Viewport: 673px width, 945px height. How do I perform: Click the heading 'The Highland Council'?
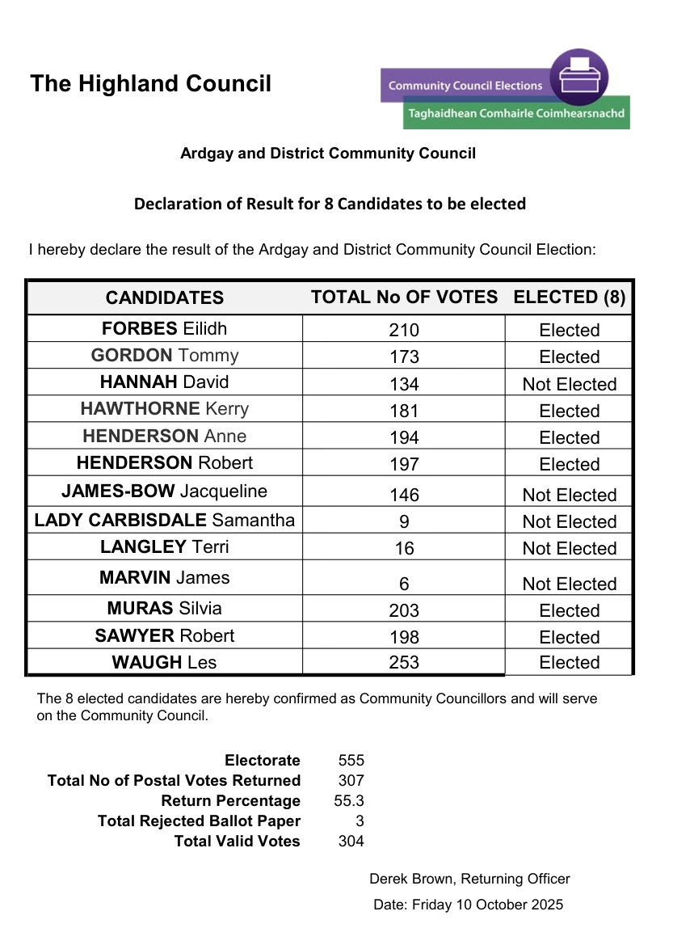click(150, 84)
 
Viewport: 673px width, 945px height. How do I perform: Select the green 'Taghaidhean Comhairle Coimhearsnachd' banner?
click(516, 114)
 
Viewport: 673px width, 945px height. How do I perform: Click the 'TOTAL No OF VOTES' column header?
click(404, 297)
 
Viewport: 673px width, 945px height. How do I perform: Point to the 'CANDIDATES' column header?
click(164, 297)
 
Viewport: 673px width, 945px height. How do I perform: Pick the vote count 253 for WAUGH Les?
click(404, 663)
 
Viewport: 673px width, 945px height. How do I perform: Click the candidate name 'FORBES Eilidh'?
click(164, 328)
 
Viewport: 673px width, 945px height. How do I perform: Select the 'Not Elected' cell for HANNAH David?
click(569, 384)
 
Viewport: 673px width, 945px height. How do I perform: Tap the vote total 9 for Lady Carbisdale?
click(404, 521)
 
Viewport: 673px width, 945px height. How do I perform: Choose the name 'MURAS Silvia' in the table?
click(164, 609)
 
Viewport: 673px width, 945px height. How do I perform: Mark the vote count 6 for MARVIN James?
click(404, 584)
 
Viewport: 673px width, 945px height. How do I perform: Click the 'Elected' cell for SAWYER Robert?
click(569, 637)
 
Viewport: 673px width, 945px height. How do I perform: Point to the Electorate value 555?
click(351, 761)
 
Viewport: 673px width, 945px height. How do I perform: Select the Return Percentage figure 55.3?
click(349, 801)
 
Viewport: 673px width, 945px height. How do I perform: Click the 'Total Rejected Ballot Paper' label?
click(199, 821)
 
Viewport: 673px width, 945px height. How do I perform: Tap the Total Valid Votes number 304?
click(351, 842)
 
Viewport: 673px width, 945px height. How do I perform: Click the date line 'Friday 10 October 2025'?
click(487, 905)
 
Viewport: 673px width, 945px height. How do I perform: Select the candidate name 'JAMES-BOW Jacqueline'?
click(164, 491)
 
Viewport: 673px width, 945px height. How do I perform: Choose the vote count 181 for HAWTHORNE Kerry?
click(404, 411)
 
